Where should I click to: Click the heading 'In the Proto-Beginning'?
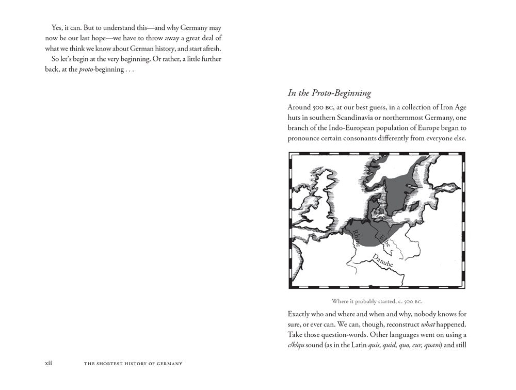click(329, 93)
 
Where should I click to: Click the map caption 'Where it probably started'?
click(381, 301)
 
